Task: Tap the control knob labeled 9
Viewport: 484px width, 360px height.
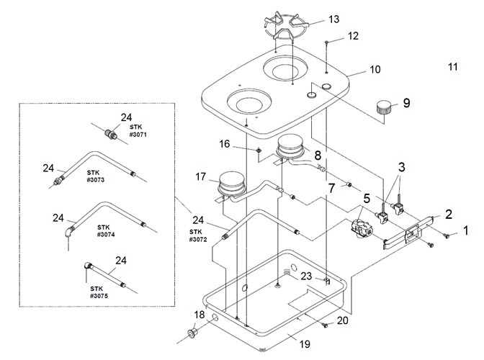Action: pos(384,108)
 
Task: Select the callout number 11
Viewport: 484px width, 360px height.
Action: pos(452,67)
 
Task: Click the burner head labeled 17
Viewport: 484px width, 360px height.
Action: pos(231,183)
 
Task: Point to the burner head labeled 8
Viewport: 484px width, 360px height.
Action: pos(290,147)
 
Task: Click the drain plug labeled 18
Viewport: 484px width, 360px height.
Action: pos(192,333)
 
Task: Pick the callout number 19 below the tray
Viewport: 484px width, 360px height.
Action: pos(305,344)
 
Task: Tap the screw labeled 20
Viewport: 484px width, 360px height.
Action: pos(324,325)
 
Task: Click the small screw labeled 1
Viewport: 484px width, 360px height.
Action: pos(446,235)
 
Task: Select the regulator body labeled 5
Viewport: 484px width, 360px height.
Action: pos(362,228)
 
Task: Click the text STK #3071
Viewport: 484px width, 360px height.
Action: pos(138,131)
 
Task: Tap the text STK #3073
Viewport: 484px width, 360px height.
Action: pos(95,176)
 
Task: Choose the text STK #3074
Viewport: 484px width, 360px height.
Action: pos(106,230)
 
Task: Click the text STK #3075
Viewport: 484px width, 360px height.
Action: pos(99,292)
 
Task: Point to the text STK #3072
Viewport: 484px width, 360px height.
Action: pos(198,235)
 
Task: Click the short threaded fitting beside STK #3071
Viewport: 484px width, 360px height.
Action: pos(110,135)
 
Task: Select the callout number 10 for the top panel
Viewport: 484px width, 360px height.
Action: pos(375,69)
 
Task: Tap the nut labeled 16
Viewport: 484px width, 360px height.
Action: pos(259,150)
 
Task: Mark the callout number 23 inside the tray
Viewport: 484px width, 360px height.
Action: pos(306,276)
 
